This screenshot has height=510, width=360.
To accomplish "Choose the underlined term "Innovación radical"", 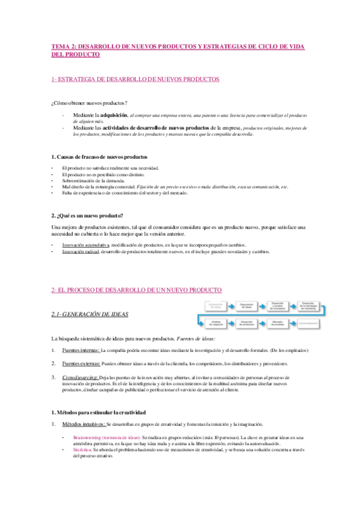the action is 81,252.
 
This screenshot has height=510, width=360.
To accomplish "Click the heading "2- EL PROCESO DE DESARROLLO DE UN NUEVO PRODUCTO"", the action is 137,289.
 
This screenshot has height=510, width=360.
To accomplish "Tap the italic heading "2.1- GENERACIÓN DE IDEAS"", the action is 90,314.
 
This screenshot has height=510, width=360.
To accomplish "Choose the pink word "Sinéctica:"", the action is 82,449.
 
